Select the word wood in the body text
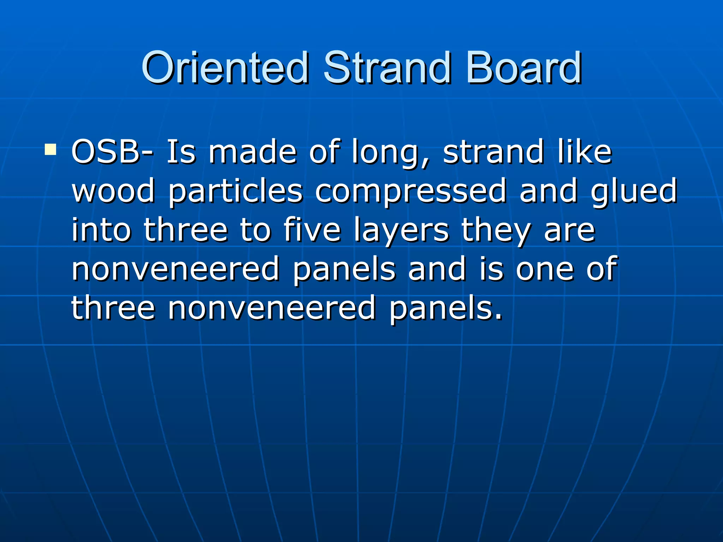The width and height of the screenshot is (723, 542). click(113, 191)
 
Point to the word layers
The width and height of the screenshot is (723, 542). click(401, 231)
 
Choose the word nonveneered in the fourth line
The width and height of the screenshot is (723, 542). click(176, 269)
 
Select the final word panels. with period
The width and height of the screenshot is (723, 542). click(446, 309)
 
